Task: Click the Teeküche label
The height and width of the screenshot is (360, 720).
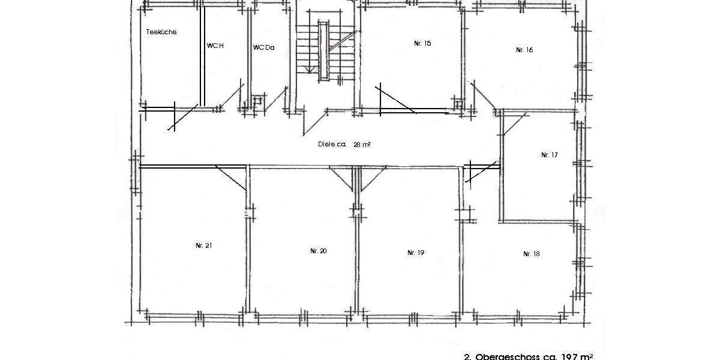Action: point(161,32)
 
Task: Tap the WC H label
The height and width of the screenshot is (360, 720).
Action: point(215,46)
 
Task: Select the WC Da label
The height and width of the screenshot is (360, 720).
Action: point(263,47)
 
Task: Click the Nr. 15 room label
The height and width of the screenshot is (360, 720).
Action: point(422,43)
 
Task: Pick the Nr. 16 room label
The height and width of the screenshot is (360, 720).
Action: point(524,50)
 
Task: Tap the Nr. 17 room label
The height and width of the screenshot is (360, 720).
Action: point(549,155)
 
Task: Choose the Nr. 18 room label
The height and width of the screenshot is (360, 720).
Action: point(531,254)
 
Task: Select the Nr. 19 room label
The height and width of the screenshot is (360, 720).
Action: point(416,253)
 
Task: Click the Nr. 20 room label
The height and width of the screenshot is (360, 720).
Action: point(318,251)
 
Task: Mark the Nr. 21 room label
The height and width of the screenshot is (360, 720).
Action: point(203,245)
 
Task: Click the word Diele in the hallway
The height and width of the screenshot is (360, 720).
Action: point(326,144)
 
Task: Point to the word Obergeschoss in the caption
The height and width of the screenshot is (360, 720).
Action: point(503,356)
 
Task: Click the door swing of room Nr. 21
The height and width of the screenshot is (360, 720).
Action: point(232,178)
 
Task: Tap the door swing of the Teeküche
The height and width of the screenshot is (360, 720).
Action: point(183,118)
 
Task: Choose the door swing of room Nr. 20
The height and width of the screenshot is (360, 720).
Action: point(343,178)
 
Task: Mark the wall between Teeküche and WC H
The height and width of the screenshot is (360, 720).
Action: point(203,57)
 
